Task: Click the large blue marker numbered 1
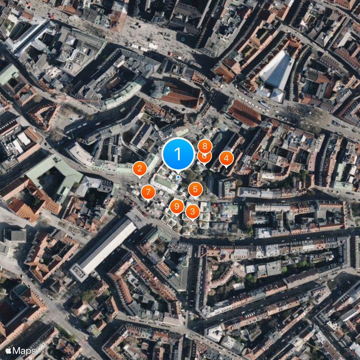pyautogui.click(x=178, y=154)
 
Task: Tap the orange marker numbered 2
pyautogui.click(x=139, y=169)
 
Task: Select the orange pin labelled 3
pyautogui.click(x=193, y=211)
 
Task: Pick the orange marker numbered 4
pyautogui.click(x=226, y=158)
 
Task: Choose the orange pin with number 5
pyautogui.click(x=195, y=189)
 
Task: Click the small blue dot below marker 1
pyautogui.click(x=178, y=177)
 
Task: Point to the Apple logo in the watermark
pyautogui.click(x=9, y=351)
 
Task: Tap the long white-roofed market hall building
pyautogui.click(x=108, y=245)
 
